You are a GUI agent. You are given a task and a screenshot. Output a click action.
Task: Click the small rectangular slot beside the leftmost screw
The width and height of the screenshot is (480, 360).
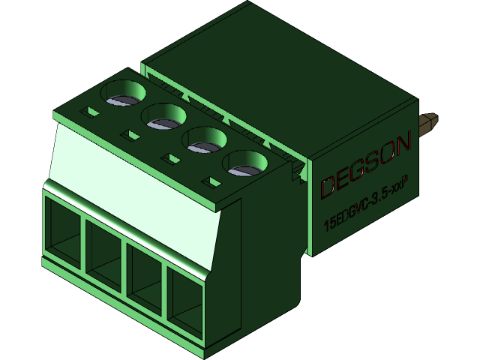[x=91, y=112]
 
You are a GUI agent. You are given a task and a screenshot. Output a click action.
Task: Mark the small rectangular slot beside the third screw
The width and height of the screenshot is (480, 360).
[x=172, y=159]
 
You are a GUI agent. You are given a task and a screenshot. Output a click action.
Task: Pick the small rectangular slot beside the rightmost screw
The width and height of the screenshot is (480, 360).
[x=212, y=181]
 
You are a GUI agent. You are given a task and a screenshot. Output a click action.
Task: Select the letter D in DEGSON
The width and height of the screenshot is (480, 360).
[x=328, y=187]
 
